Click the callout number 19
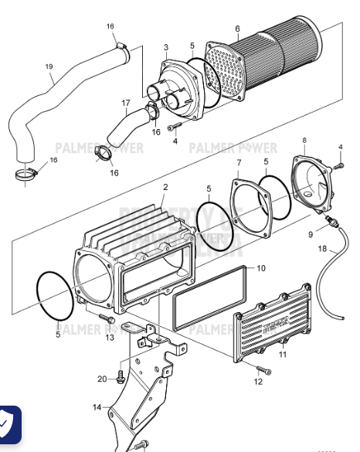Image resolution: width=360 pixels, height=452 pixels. [49, 66]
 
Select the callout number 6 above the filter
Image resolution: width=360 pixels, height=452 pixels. [237, 29]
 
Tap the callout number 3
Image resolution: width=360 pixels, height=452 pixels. [165, 48]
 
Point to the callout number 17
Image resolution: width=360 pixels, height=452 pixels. [125, 102]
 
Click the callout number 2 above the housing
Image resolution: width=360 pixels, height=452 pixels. [165, 188]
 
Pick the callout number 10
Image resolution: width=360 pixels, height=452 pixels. [260, 268]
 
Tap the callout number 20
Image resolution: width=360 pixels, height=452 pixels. [101, 379]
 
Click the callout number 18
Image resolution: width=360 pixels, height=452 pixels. [322, 249]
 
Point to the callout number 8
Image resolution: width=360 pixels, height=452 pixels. [304, 140]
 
